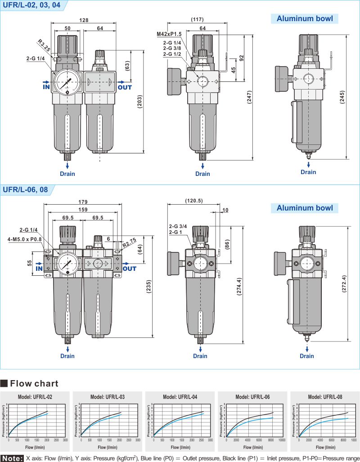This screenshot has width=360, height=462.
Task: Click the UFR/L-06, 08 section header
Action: pyautogui.click(x=25, y=189)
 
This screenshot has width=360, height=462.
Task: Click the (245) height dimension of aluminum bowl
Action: pyautogui.click(x=343, y=97)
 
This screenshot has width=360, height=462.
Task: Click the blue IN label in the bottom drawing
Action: pyautogui.click(x=39, y=269)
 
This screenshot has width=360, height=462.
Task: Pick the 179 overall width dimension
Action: pyautogui.click(x=82, y=202)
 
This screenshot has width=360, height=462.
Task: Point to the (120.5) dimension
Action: pyautogui.click(x=193, y=201)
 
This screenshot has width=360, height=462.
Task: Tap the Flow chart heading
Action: pyautogui.click(x=34, y=384)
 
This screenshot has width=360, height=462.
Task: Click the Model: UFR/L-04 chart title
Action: pyautogui.click(x=180, y=397)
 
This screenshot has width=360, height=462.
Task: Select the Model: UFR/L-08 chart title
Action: pyautogui.click(x=325, y=397)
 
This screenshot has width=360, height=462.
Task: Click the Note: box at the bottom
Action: pyautogui.click(x=12, y=458)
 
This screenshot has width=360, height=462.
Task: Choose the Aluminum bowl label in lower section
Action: pyautogui.click(x=305, y=208)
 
